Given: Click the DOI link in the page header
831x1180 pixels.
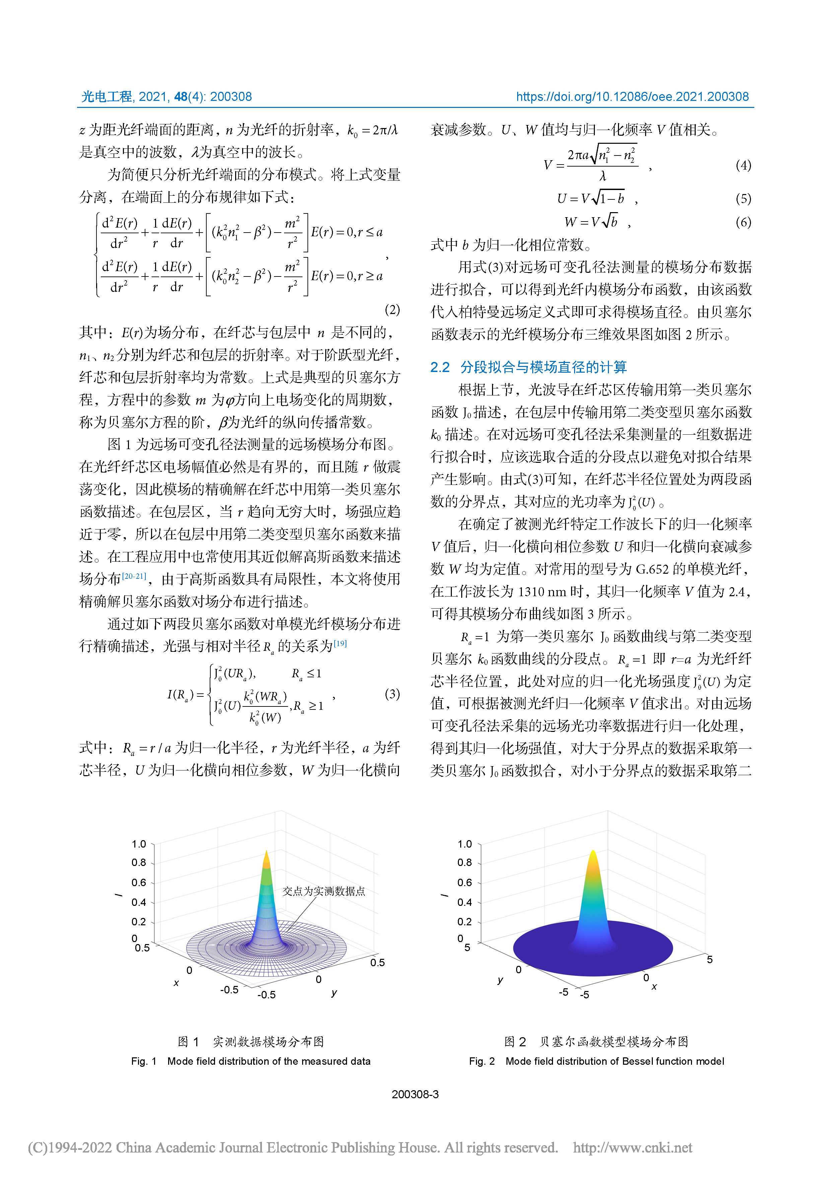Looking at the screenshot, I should coord(632,97).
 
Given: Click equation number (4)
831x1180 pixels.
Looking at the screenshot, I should coord(743,166).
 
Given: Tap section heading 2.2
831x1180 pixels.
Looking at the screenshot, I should coord(529,367).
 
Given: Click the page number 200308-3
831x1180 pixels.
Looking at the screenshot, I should coord(415,1095).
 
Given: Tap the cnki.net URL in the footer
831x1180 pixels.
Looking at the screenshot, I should coord(632,1147).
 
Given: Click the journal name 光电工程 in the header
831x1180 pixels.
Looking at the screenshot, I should coord(107,97).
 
